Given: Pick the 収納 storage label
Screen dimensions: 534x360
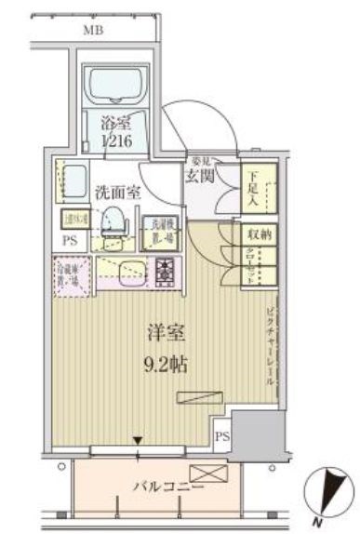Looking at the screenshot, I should (260, 235).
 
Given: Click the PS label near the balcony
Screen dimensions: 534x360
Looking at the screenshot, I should (221, 434).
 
